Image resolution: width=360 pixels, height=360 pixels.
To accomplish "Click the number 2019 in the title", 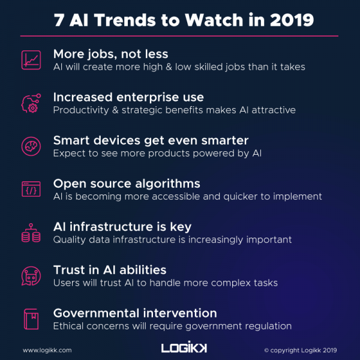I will [290, 20].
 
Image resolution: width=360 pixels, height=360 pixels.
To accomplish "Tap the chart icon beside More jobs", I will [31, 60].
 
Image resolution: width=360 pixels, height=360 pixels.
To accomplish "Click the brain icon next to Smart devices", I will [31, 146].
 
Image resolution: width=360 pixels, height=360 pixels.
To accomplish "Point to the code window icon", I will [31, 190].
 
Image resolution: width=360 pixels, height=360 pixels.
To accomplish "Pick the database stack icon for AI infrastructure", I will [31, 233].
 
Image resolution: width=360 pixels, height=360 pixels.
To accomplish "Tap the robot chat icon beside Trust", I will [31, 277].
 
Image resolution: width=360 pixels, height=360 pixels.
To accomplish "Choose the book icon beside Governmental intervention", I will [31, 319].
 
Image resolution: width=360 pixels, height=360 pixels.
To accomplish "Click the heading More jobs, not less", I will [111, 54].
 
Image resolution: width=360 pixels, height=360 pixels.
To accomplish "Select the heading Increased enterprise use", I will [128, 97].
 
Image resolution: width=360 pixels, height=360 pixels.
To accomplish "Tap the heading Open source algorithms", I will [127, 184].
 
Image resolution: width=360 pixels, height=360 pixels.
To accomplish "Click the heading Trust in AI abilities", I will [109, 270].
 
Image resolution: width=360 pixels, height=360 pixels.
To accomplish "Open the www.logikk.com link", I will [47, 350].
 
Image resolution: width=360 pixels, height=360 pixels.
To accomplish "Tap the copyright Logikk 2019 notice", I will [300, 350].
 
